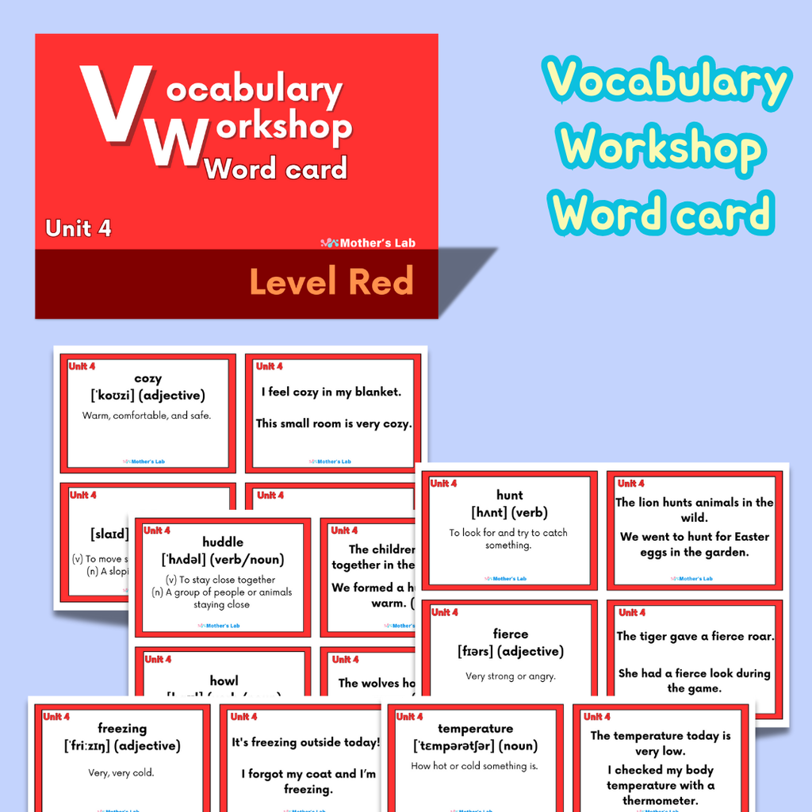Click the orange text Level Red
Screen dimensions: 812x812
pos(331,282)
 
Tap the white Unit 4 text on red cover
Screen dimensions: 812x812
pos(79,228)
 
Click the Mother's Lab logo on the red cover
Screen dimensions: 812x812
pos(368,243)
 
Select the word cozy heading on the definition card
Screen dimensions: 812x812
pos(147,378)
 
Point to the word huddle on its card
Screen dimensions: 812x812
pos(223,542)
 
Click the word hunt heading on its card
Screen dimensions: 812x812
pos(509,496)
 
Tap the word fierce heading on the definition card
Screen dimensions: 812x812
pos(510,634)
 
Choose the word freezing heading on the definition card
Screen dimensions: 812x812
pos(122,728)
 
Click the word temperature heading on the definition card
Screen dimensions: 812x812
pos(475,728)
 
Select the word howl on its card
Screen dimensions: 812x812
pos(224,680)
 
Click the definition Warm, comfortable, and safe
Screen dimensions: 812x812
pos(147,416)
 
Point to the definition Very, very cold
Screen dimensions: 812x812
pos(121,772)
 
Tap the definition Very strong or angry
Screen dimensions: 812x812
pos(510,676)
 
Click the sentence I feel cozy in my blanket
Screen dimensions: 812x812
pos(331,392)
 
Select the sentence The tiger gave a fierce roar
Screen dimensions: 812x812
pos(695,636)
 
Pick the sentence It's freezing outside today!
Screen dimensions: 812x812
pos(306,743)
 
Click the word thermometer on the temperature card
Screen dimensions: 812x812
pos(661,800)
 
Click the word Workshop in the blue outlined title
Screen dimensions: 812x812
pos(660,148)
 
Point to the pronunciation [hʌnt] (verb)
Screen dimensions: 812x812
pos(509,513)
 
